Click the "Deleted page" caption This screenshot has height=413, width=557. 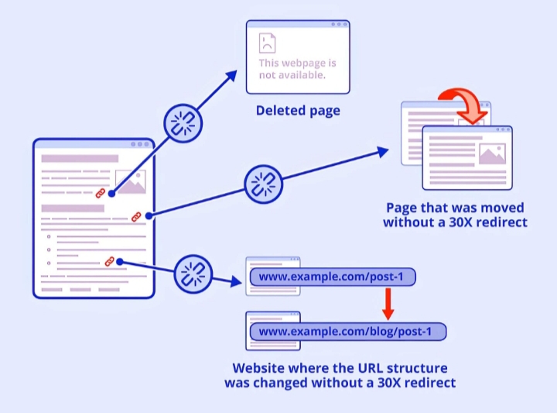[x=298, y=111]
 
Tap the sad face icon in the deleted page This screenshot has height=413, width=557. [x=268, y=43]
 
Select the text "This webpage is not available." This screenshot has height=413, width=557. [x=298, y=69]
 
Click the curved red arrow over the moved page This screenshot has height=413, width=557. [x=463, y=105]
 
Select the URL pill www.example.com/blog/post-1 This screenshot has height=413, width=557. [x=347, y=332]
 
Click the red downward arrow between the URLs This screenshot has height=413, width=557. [x=388, y=305]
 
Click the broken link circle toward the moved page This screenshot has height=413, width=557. [x=264, y=184]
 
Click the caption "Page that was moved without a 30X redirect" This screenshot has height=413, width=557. [x=456, y=215]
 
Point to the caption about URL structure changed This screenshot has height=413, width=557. [x=340, y=375]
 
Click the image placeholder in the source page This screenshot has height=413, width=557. [x=130, y=181]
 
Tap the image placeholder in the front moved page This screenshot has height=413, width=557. [x=491, y=153]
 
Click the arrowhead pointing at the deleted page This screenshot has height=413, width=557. [x=231, y=74]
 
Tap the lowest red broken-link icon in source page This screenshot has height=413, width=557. [x=110, y=261]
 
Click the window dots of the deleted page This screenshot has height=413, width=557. [x=337, y=25]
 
